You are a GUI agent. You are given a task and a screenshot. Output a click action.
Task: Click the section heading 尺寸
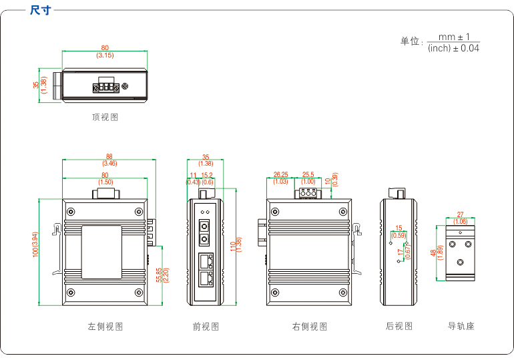point(40,10)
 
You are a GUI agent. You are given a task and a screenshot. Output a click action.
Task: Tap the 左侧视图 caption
point(105,327)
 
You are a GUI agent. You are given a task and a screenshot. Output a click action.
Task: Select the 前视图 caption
point(206,327)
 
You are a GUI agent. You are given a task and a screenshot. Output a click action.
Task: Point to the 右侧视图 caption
point(310,327)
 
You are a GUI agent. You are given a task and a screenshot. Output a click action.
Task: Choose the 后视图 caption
point(399,327)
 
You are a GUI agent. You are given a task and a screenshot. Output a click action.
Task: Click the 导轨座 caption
point(461,327)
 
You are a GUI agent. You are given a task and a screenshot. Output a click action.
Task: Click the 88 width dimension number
point(109,157)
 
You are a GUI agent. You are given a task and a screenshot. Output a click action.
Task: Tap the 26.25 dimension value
point(280,175)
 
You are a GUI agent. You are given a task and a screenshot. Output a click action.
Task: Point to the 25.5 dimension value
point(308,175)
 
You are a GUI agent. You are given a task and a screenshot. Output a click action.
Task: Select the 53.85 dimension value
point(158,275)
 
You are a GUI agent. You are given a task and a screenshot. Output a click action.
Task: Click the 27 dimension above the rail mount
point(460,215)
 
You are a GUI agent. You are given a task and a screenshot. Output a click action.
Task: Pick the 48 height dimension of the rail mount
point(433,253)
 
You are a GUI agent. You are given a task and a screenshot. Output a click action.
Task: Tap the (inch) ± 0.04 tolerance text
point(454,48)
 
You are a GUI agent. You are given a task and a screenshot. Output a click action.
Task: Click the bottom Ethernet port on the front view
point(206,278)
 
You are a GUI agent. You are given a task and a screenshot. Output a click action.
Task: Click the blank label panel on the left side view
point(101,252)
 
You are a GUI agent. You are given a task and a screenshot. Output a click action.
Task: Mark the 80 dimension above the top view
point(105,47)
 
